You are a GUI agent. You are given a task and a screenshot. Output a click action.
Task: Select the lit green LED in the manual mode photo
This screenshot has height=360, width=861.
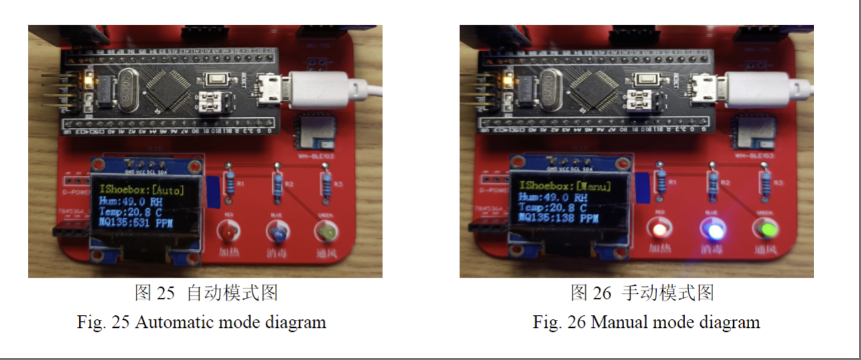(767, 231)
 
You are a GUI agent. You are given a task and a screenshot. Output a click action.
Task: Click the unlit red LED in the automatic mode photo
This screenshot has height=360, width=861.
(228, 232)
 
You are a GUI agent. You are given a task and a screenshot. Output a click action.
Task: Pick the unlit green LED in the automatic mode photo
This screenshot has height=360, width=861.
(326, 232)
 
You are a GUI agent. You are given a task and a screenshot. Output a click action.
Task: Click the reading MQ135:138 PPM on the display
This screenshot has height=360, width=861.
(558, 218)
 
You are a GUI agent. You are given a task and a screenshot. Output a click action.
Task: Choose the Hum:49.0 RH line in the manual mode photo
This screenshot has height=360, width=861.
(552, 197)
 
